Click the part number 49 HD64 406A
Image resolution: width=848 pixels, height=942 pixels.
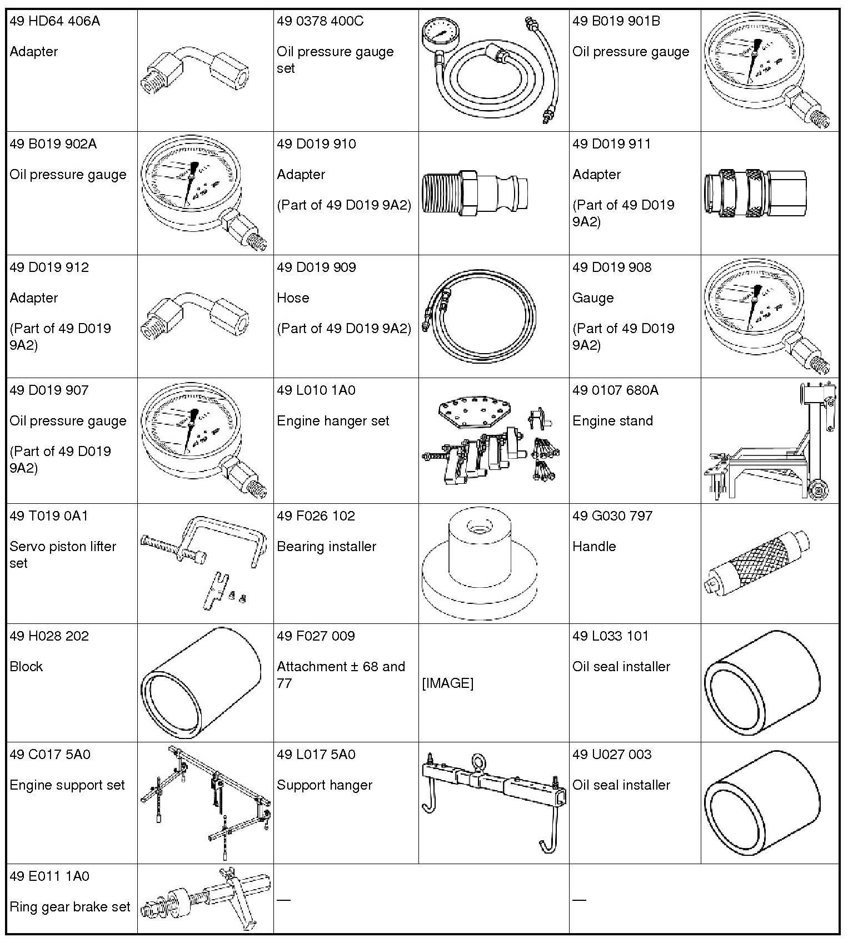coord(55,22)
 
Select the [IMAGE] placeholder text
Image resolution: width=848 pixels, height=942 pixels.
coord(447,683)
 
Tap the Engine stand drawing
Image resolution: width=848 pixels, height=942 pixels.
coord(770,442)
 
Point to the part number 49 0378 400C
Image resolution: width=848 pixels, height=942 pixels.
coord(320,22)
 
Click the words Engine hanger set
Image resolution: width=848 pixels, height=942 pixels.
coord(333,421)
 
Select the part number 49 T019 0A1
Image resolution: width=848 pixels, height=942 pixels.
coord(49,516)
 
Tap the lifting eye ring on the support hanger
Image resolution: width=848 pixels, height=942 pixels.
coord(480,761)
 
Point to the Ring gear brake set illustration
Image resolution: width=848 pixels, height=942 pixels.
coord(204,899)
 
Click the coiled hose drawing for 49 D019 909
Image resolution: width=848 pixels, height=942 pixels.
coord(480,317)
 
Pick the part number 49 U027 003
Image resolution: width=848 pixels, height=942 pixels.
coord(612,755)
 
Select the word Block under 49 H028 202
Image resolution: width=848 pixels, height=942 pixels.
coord(26,666)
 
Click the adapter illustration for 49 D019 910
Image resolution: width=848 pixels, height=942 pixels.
coord(475,194)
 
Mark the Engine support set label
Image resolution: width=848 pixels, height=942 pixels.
coord(67,785)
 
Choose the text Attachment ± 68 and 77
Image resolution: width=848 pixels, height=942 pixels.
coord(341,675)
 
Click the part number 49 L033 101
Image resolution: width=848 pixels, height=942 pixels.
coord(610,636)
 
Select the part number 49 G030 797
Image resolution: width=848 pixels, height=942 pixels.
coord(612,516)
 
